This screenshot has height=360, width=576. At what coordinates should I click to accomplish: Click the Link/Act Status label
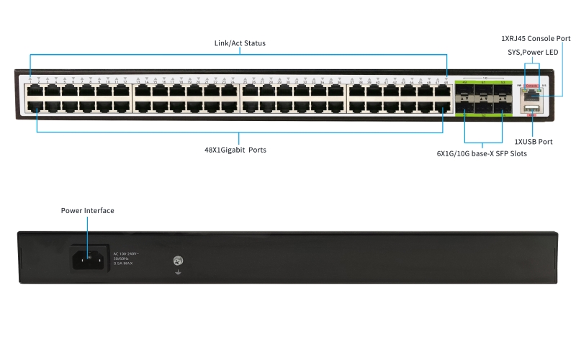(240, 43)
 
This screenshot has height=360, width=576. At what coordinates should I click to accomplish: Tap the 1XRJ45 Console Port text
(536, 37)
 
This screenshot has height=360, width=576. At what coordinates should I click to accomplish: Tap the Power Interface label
(87, 211)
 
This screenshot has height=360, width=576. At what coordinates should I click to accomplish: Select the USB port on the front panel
(531, 108)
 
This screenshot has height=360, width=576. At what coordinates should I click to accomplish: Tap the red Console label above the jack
(531, 86)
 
